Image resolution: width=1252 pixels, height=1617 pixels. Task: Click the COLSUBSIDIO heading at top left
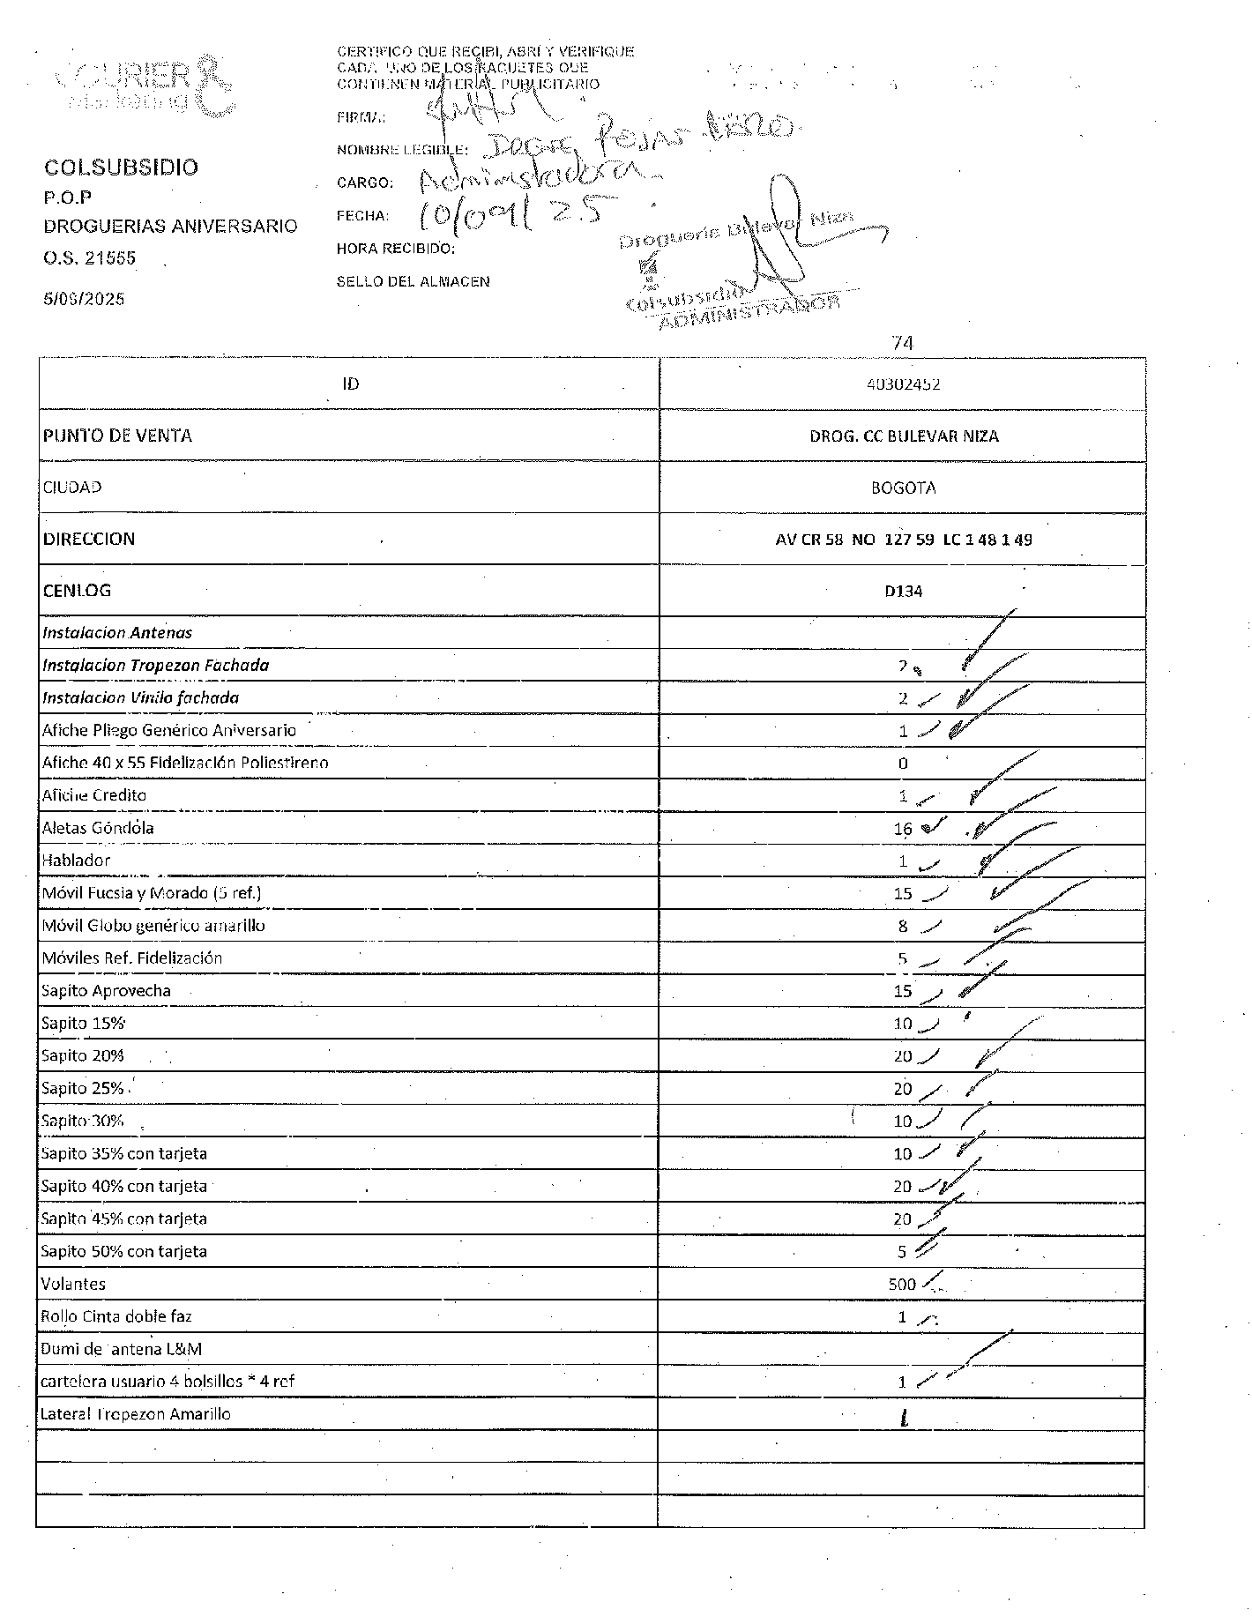point(122,168)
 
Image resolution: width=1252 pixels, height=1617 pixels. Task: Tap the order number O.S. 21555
point(90,258)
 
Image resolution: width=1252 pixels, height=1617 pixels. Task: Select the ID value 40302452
point(903,384)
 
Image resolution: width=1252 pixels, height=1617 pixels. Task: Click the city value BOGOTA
point(903,488)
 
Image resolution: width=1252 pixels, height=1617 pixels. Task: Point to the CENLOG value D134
point(903,592)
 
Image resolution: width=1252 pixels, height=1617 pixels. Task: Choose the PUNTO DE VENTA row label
point(117,436)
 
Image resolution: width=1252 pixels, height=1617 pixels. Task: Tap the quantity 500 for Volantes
point(902,1285)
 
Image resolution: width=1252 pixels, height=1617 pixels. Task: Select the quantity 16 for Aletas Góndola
point(903,829)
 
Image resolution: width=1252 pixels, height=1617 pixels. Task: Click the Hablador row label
point(77,861)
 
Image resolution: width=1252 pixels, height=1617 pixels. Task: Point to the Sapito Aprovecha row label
point(106,991)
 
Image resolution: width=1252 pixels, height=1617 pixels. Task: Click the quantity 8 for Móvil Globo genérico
point(903,927)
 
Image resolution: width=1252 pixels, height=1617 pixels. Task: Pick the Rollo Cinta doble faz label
point(116,1317)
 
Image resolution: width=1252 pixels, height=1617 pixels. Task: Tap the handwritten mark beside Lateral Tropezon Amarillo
point(904,1418)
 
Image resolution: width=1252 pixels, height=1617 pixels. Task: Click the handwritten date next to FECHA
point(511,212)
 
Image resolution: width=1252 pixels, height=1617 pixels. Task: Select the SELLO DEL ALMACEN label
point(413,282)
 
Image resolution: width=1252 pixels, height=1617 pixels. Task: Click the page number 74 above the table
point(902,343)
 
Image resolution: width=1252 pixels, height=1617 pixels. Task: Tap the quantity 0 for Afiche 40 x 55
point(903,764)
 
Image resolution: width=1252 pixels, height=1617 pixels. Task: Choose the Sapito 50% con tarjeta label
point(123,1252)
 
